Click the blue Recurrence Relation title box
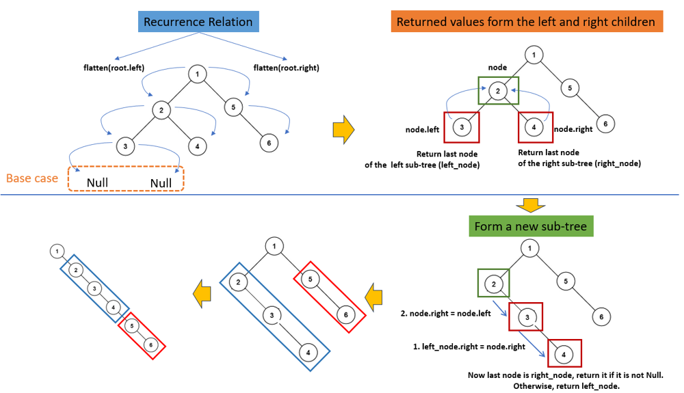198,22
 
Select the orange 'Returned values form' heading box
525,22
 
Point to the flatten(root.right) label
286,68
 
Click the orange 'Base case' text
32,179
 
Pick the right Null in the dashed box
161,183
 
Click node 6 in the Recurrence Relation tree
269,143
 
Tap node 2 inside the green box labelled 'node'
499,91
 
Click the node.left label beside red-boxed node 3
423,128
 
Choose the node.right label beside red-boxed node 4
573,128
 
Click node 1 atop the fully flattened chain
55,252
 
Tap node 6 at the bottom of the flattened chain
150,346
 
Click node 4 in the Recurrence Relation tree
196,146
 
